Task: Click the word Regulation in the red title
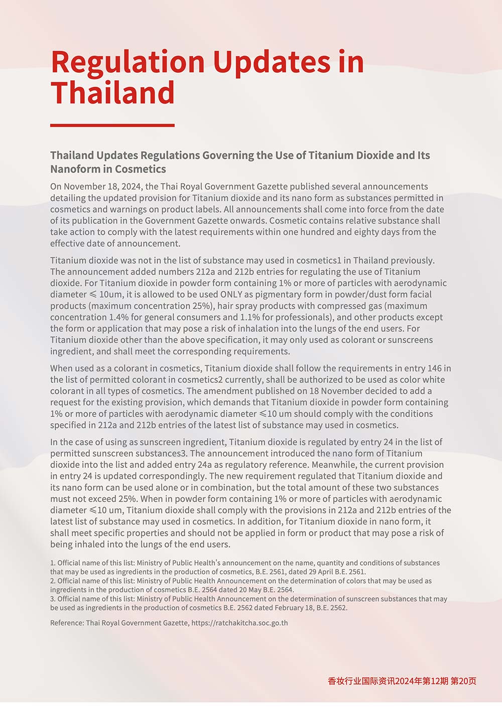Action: (x=128, y=62)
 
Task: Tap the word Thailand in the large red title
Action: (x=112, y=93)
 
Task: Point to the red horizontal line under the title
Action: (x=112, y=125)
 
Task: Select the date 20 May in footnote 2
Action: (x=245, y=590)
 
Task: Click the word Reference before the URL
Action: (x=67, y=623)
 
